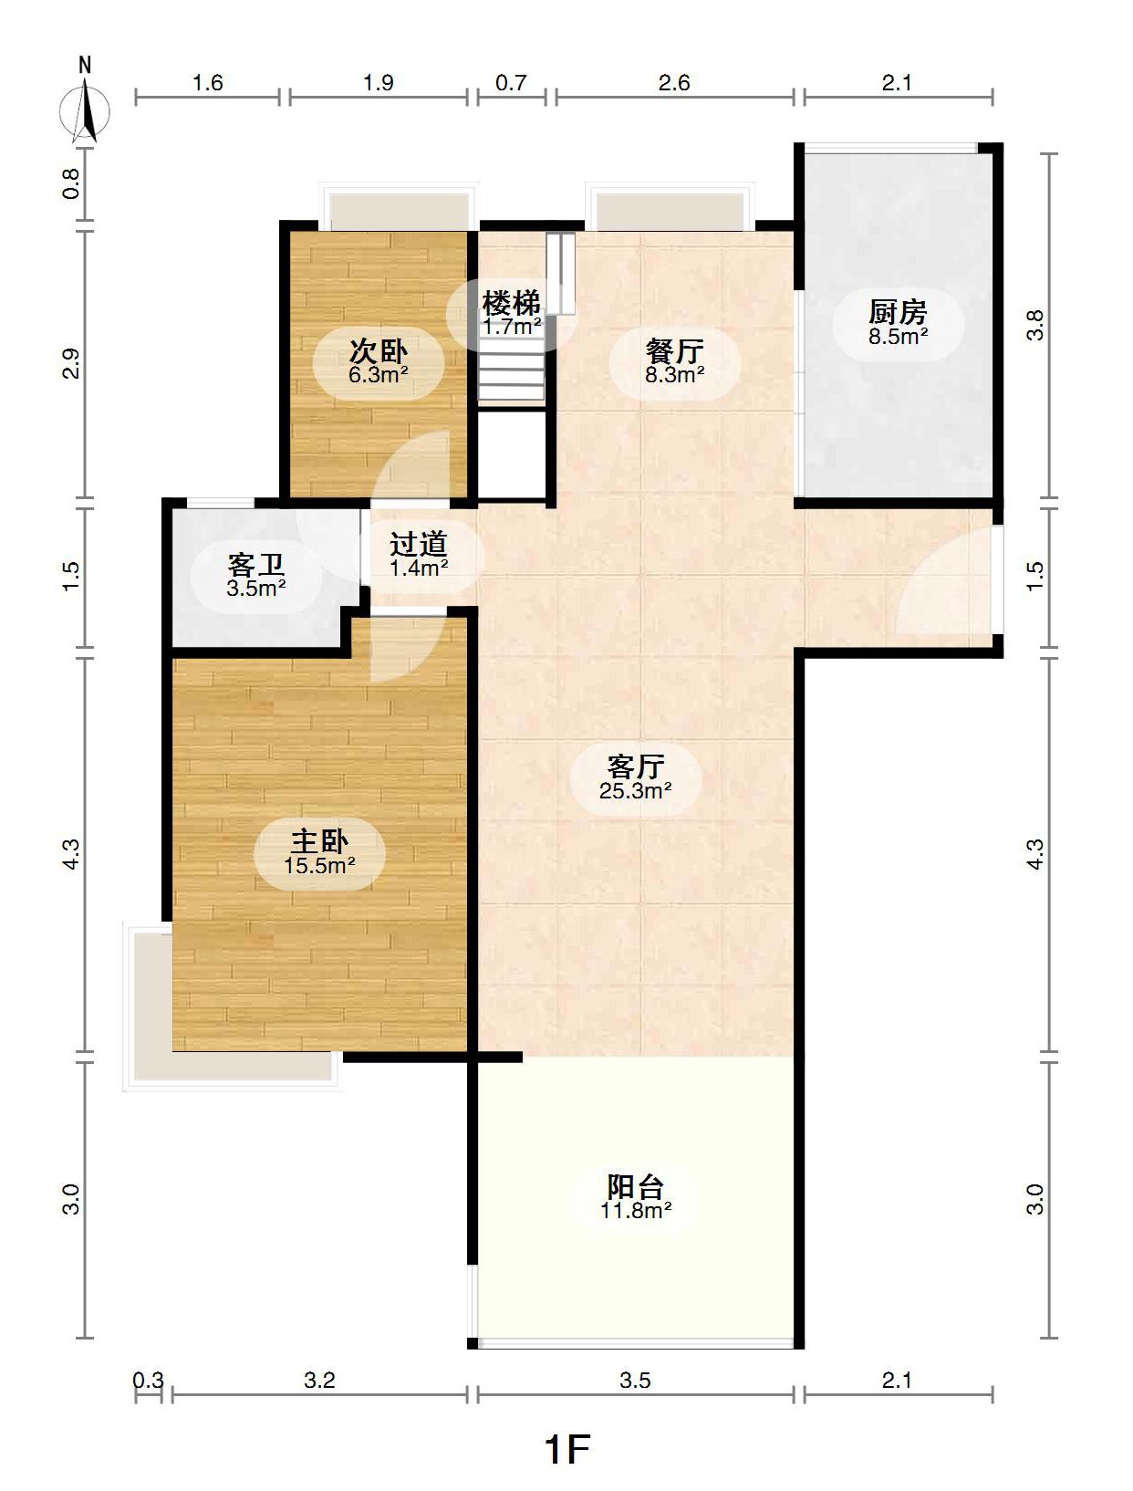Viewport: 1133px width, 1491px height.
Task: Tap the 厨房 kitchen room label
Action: tap(898, 312)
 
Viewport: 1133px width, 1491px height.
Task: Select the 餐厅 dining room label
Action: tap(674, 351)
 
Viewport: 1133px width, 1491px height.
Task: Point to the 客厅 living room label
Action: tap(636, 766)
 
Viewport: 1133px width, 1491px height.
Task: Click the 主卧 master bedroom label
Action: tap(319, 841)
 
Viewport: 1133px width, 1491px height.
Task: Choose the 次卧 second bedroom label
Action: tap(378, 351)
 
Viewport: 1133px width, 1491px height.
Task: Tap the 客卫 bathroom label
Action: tap(256, 565)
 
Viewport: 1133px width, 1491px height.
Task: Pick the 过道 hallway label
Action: tap(418, 544)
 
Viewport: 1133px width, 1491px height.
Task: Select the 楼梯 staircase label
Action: tap(511, 303)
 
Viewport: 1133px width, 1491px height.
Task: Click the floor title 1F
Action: tap(567, 1448)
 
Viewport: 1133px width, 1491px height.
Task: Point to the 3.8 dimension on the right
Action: tap(1034, 325)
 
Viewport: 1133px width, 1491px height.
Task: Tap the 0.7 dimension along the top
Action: tap(511, 83)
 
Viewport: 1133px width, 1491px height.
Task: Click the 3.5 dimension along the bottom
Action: tap(635, 1380)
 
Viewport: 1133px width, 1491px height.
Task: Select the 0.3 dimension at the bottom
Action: tap(148, 1380)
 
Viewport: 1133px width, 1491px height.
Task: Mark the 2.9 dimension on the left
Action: tap(71, 363)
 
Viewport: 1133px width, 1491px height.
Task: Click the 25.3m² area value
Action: tap(636, 790)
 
